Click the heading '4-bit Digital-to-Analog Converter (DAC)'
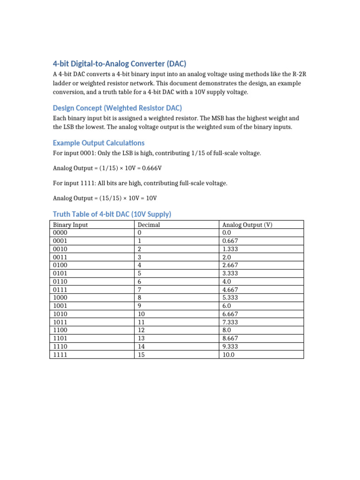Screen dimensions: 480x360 pos(122,64)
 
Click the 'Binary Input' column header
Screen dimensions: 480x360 pos(70,225)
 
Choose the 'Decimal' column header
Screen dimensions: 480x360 pos(149,225)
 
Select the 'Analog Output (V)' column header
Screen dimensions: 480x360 pos(247,225)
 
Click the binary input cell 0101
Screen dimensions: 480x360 pos(60,273)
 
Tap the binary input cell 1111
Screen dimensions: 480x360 pos(60,355)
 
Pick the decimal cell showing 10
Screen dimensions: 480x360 pos(141,314)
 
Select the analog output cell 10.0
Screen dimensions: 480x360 pos(228,355)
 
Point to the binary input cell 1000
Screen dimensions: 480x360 pos(60,298)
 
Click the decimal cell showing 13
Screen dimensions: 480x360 pos(141,338)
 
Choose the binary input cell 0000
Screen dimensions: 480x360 pos(60,233)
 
